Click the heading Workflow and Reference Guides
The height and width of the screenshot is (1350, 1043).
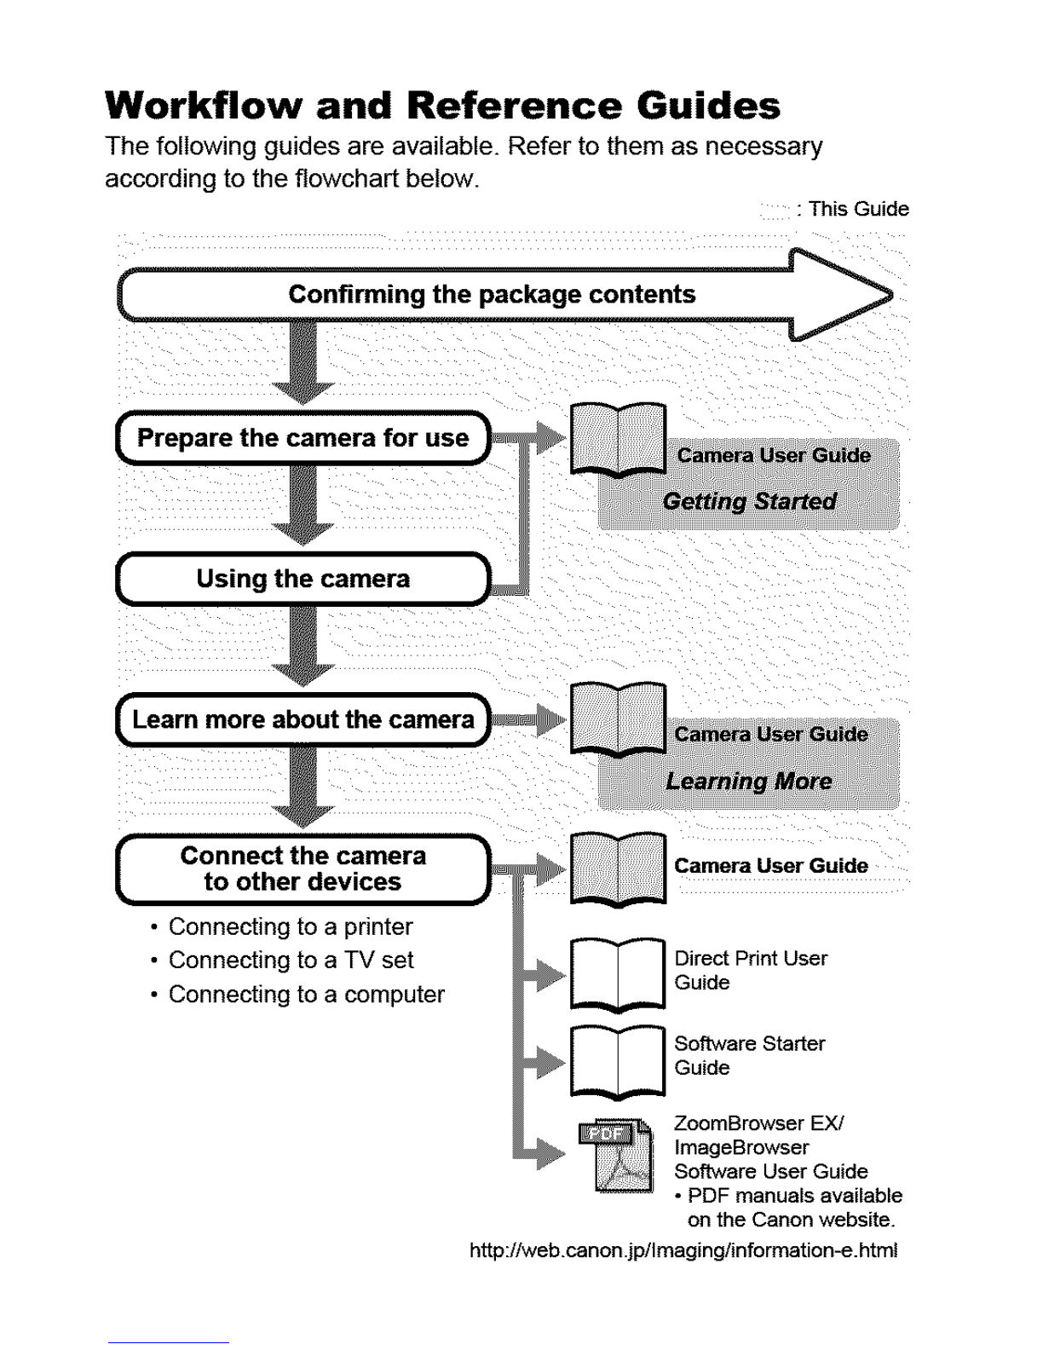click(x=442, y=105)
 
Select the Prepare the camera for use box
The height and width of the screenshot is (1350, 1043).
click(x=303, y=438)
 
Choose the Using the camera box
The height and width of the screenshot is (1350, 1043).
click(x=303, y=579)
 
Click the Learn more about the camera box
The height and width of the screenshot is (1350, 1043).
click(x=303, y=719)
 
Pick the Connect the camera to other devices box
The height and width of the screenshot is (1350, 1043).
click(x=303, y=869)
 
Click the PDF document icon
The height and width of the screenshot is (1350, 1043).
click(x=616, y=1156)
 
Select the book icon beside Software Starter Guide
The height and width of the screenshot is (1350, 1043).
click(x=618, y=1061)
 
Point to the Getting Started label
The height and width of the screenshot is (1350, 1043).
click(x=749, y=501)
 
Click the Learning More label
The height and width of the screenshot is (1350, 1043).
click(x=748, y=782)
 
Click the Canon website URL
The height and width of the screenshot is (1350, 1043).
click(x=683, y=1250)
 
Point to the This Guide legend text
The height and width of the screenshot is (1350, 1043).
click(x=858, y=209)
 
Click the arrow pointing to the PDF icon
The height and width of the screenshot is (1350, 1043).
click(x=539, y=1154)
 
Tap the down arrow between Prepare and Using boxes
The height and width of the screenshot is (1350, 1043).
click(x=303, y=505)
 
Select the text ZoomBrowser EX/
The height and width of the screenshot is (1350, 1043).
click(x=758, y=1123)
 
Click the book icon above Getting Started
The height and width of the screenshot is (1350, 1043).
click(x=618, y=440)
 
